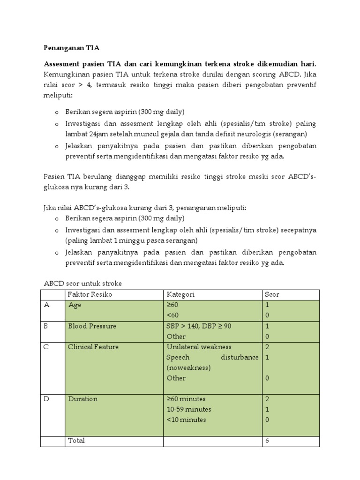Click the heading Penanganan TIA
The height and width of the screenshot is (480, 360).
pyautogui.click(x=72, y=48)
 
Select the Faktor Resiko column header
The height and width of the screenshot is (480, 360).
pyautogui.click(x=90, y=294)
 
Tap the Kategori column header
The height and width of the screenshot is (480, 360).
pyautogui.click(x=180, y=294)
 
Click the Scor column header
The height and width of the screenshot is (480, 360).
pyautogui.click(x=272, y=294)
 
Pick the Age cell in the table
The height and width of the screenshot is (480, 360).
pyautogui.click(x=75, y=305)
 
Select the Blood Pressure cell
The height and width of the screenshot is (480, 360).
pyautogui.click(x=92, y=326)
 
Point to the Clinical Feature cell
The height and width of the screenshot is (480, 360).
pyautogui.click(x=93, y=347)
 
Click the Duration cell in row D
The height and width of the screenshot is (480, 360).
pyautogui.click(x=83, y=399)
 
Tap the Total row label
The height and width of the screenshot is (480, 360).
pyautogui.click(x=76, y=441)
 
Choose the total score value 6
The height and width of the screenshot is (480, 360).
pyautogui.click(x=267, y=441)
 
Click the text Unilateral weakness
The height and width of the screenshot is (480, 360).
pyautogui.click(x=199, y=347)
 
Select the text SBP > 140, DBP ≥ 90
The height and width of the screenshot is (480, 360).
pyautogui.click(x=199, y=326)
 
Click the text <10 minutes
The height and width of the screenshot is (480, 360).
pyautogui.click(x=186, y=420)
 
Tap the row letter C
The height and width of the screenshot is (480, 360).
pyautogui.click(x=46, y=347)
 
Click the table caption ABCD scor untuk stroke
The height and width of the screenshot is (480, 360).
pyautogui.click(x=82, y=284)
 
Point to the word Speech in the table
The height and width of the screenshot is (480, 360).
pyautogui.click(x=178, y=357)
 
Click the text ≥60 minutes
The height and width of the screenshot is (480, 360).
pyautogui.click(x=186, y=399)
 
